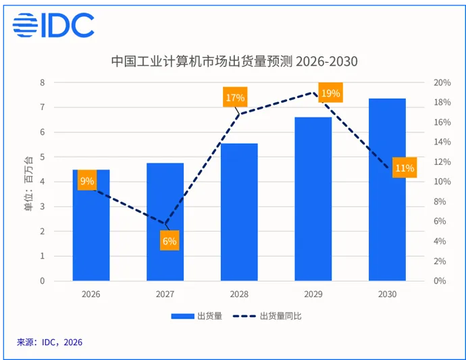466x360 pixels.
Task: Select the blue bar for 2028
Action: coord(239,212)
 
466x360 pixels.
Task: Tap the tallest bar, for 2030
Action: coord(387,190)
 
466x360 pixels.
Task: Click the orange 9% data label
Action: coord(87,180)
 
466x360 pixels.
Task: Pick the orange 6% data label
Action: coord(170,240)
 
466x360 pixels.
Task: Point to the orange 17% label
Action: coord(235,97)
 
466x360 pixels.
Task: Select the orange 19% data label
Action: coord(330,93)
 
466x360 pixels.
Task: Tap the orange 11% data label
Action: coord(405,168)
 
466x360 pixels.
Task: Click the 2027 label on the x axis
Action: coord(165,294)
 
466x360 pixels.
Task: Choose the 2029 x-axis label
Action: coord(313,294)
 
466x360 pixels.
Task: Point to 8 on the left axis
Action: coord(42,82)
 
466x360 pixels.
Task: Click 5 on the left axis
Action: coord(42,157)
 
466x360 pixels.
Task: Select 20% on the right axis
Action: coord(442,82)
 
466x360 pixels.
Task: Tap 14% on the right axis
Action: coord(442,142)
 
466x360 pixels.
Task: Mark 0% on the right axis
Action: coord(440,280)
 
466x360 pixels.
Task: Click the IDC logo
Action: coord(53,25)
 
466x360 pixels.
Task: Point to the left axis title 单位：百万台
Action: coord(28,184)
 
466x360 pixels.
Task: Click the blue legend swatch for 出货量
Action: coord(182,316)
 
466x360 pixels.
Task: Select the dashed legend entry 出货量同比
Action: coord(267,315)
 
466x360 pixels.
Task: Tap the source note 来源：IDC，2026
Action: coord(49,342)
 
